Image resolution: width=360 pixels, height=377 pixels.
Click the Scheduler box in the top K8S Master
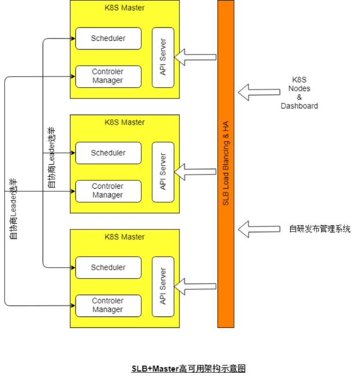click(x=108, y=38)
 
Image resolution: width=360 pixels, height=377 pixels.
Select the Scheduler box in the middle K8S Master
click(x=108, y=153)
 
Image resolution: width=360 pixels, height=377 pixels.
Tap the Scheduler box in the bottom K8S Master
click(x=108, y=267)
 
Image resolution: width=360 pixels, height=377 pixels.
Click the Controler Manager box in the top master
click(x=108, y=76)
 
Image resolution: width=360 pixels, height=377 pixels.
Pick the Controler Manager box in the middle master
click(x=108, y=191)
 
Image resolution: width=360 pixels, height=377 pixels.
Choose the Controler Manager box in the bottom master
click(x=108, y=305)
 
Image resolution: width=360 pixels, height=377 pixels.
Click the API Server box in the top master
click(x=163, y=57)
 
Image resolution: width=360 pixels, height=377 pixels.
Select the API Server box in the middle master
click(x=163, y=172)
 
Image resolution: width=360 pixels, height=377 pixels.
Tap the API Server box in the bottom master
click(x=163, y=286)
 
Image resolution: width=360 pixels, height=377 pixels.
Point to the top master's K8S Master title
click(x=125, y=8)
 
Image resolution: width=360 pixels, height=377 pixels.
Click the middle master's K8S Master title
click(x=125, y=122)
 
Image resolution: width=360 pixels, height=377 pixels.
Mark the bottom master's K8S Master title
click(x=125, y=237)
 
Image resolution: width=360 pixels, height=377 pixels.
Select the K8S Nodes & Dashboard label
click(x=299, y=93)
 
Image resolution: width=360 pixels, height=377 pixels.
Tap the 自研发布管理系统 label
click(x=319, y=229)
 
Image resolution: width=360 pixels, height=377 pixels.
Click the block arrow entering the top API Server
click(x=195, y=57)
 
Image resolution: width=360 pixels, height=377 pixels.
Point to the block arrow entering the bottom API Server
click(x=195, y=286)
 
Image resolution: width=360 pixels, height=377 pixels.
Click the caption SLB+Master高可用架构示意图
click(x=188, y=369)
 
